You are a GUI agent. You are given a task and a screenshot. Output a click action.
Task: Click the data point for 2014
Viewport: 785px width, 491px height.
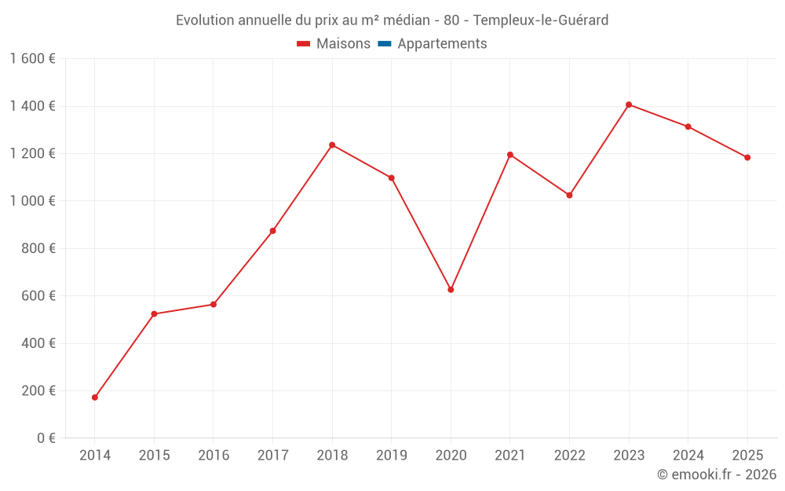tap(95, 398)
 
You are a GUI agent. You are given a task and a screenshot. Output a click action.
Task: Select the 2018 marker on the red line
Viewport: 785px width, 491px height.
tap(332, 145)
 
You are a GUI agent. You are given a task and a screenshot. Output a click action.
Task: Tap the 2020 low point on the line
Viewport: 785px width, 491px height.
tap(451, 290)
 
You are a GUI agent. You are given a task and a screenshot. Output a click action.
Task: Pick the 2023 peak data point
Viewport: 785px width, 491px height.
tap(629, 104)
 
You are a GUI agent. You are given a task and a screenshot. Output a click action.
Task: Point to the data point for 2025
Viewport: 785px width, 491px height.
tap(747, 157)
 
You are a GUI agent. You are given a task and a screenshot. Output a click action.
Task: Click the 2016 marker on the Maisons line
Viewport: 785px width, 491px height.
tap(214, 304)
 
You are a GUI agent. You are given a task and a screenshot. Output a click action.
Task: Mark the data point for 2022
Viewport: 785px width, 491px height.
tap(570, 195)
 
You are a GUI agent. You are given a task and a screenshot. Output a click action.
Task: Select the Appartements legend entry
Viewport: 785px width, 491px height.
tap(442, 44)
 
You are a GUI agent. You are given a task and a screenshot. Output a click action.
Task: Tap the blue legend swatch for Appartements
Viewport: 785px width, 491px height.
tap(385, 44)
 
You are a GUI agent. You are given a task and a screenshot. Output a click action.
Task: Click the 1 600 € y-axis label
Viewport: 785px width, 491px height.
tap(32, 59)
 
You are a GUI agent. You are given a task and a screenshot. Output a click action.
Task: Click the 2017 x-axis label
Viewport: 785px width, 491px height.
tap(272, 455)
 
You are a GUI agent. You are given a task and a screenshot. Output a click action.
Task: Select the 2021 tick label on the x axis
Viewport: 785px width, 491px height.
tap(510, 455)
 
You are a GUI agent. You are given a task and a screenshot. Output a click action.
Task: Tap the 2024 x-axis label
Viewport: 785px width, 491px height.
tap(688, 455)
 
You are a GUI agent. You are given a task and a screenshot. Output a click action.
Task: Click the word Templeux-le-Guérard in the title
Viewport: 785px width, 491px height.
tap(541, 20)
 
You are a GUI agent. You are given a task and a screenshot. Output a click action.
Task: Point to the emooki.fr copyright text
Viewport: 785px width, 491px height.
tap(716, 475)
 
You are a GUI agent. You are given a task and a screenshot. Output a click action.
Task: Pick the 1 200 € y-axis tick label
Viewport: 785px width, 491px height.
tap(32, 154)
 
